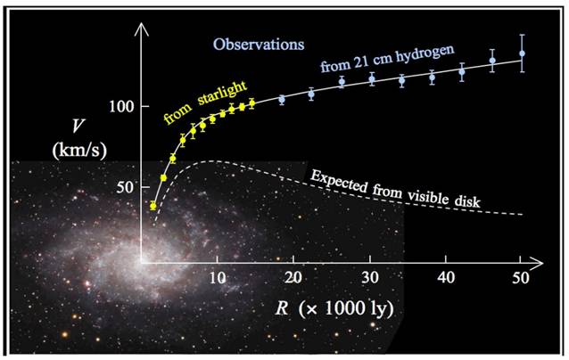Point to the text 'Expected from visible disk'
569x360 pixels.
pyautogui.click(x=395, y=187)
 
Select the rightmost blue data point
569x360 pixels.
pyautogui.click(x=522, y=53)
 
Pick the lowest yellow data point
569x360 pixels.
pyautogui.click(x=153, y=206)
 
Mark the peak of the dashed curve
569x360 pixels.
pyautogui.click(x=212, y=161)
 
